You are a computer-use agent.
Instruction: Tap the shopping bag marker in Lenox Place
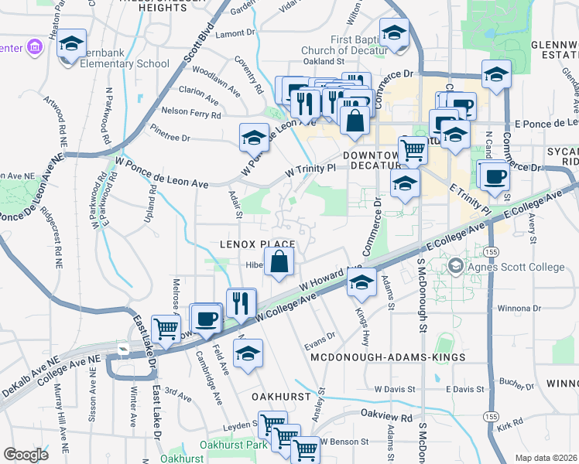click(x=279, y=262)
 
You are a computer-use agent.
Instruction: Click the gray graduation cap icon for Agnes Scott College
click(x=456, y=266)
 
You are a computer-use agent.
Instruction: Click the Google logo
click(x=26, y=454)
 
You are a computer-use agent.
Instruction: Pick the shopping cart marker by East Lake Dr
click(x=166, y=329)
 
